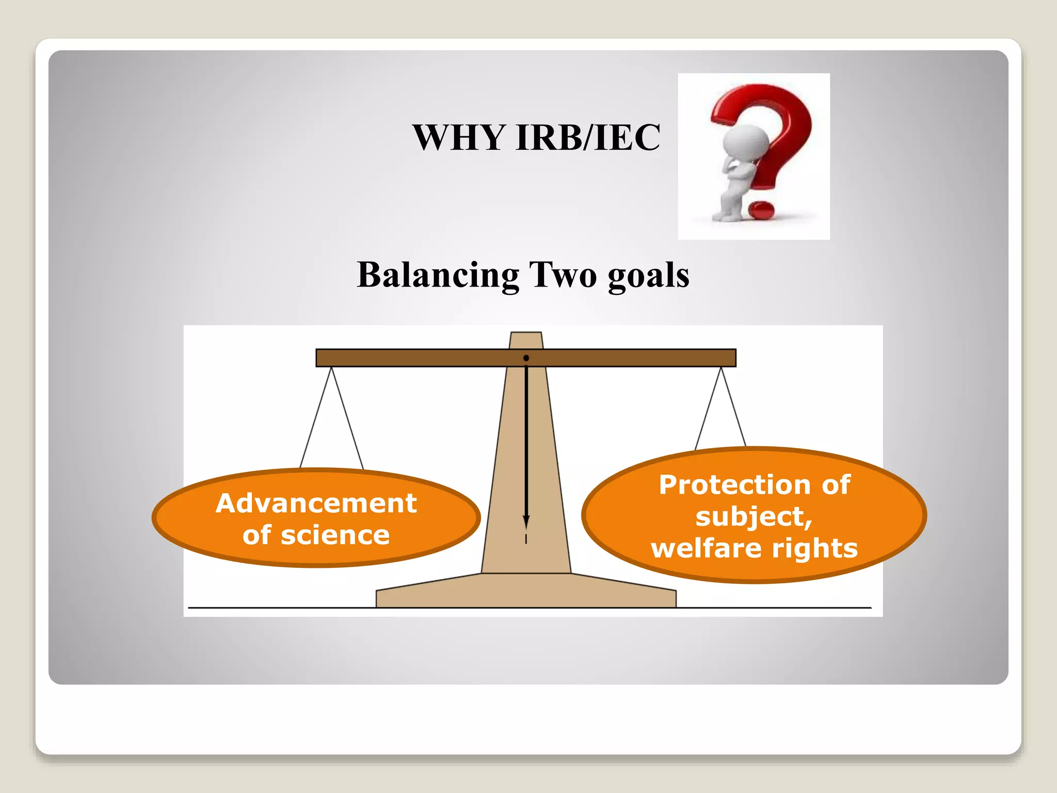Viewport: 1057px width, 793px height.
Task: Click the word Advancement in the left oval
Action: [316, 503]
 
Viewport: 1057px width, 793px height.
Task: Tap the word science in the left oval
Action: [335, 535]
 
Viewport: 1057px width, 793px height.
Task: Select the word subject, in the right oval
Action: [754, 517]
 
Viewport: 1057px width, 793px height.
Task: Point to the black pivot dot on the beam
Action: [526, 358]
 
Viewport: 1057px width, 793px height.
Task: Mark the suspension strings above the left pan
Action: [331, 418]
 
